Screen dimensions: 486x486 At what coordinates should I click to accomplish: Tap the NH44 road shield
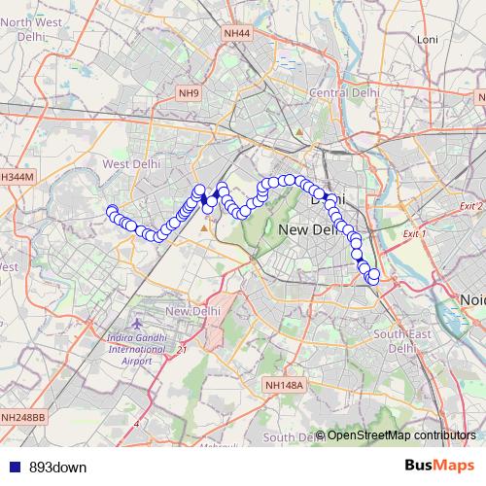236,34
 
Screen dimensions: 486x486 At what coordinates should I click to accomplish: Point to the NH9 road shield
189,93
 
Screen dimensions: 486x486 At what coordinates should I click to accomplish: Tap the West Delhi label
130,164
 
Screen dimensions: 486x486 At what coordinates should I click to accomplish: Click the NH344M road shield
17,178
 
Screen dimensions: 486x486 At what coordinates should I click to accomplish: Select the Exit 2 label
471,206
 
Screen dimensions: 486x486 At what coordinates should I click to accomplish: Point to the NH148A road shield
285,386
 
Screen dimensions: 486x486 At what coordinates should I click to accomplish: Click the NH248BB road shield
23,417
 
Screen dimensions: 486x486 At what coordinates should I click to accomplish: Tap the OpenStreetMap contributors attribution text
400,435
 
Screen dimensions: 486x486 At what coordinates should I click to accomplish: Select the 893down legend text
55,467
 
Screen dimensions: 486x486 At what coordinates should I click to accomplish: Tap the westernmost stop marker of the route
112,211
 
